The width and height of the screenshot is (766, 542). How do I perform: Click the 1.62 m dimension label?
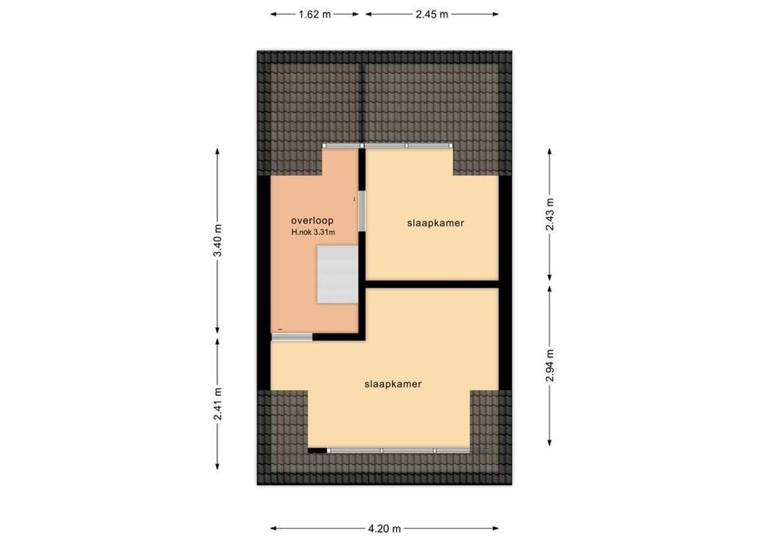pos(314,14)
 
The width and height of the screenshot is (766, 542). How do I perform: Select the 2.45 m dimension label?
pos(432,14)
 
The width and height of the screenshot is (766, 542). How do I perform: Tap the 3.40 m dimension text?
pos(217,241)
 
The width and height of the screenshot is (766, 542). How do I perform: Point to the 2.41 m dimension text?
pos(217,404)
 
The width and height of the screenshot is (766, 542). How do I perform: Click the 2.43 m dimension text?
pos(550,214)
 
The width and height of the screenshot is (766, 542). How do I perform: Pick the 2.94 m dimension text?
pos(550,365)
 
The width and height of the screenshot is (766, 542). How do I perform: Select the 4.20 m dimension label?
pos(385,529)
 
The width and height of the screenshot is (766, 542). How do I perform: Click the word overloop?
pos(312,221)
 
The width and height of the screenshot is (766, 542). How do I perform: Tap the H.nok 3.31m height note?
pos(313,233)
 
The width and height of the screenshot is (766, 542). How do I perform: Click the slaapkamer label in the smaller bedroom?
pos(435,223)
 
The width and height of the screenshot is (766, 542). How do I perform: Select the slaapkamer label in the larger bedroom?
pos(393,384)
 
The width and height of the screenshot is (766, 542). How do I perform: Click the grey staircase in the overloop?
pos(337,275)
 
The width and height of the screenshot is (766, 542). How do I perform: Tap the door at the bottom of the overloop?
pos(293,337)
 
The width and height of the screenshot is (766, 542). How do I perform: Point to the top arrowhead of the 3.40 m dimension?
pos(217,151)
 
